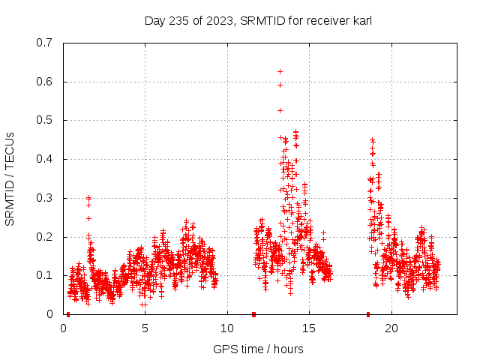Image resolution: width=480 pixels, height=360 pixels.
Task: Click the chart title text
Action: (258, 20)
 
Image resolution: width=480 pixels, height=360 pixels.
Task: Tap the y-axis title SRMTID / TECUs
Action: (10, 178)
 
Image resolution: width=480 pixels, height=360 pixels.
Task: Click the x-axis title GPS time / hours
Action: (258, 349)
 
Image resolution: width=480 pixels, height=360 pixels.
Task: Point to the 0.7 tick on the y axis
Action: (44, 43)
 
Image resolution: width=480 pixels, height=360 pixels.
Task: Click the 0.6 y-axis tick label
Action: (44, 82)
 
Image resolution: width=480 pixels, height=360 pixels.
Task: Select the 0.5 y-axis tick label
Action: (44, 120)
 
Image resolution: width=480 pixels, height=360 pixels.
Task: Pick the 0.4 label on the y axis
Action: (44, 159)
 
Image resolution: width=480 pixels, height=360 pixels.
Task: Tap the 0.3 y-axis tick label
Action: (44, 198)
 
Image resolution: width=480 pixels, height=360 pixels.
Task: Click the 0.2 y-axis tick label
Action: (44, 237)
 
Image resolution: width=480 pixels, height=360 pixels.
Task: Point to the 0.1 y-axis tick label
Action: (44, 275)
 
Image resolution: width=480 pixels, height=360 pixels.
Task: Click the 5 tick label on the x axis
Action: (145, 328)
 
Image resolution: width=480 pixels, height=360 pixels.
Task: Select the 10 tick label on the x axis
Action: (227, 328)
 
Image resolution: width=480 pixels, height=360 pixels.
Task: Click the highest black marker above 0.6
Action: (280, 71)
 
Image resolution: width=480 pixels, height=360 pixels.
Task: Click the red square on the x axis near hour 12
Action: (253, 314)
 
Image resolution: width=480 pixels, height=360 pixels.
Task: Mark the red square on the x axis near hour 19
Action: (368, 314)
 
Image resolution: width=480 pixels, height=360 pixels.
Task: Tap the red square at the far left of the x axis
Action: (68, 314)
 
